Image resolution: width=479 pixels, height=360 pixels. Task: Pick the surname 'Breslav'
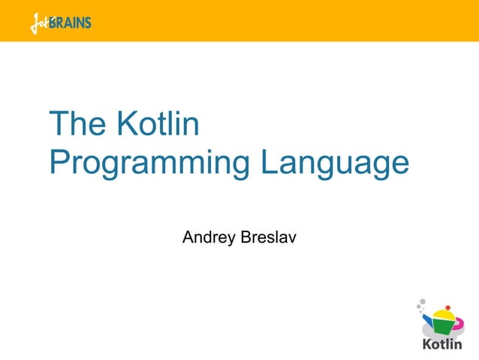click(268, 238)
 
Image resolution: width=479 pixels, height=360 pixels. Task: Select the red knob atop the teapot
click(447, 307)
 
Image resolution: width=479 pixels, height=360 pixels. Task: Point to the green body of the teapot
click(443, 327)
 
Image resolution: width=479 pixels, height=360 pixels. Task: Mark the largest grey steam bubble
click(423, 301)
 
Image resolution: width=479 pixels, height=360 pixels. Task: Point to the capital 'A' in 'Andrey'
click(188, 238)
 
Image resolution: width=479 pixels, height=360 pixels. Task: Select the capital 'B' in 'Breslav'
click(245, 238)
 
